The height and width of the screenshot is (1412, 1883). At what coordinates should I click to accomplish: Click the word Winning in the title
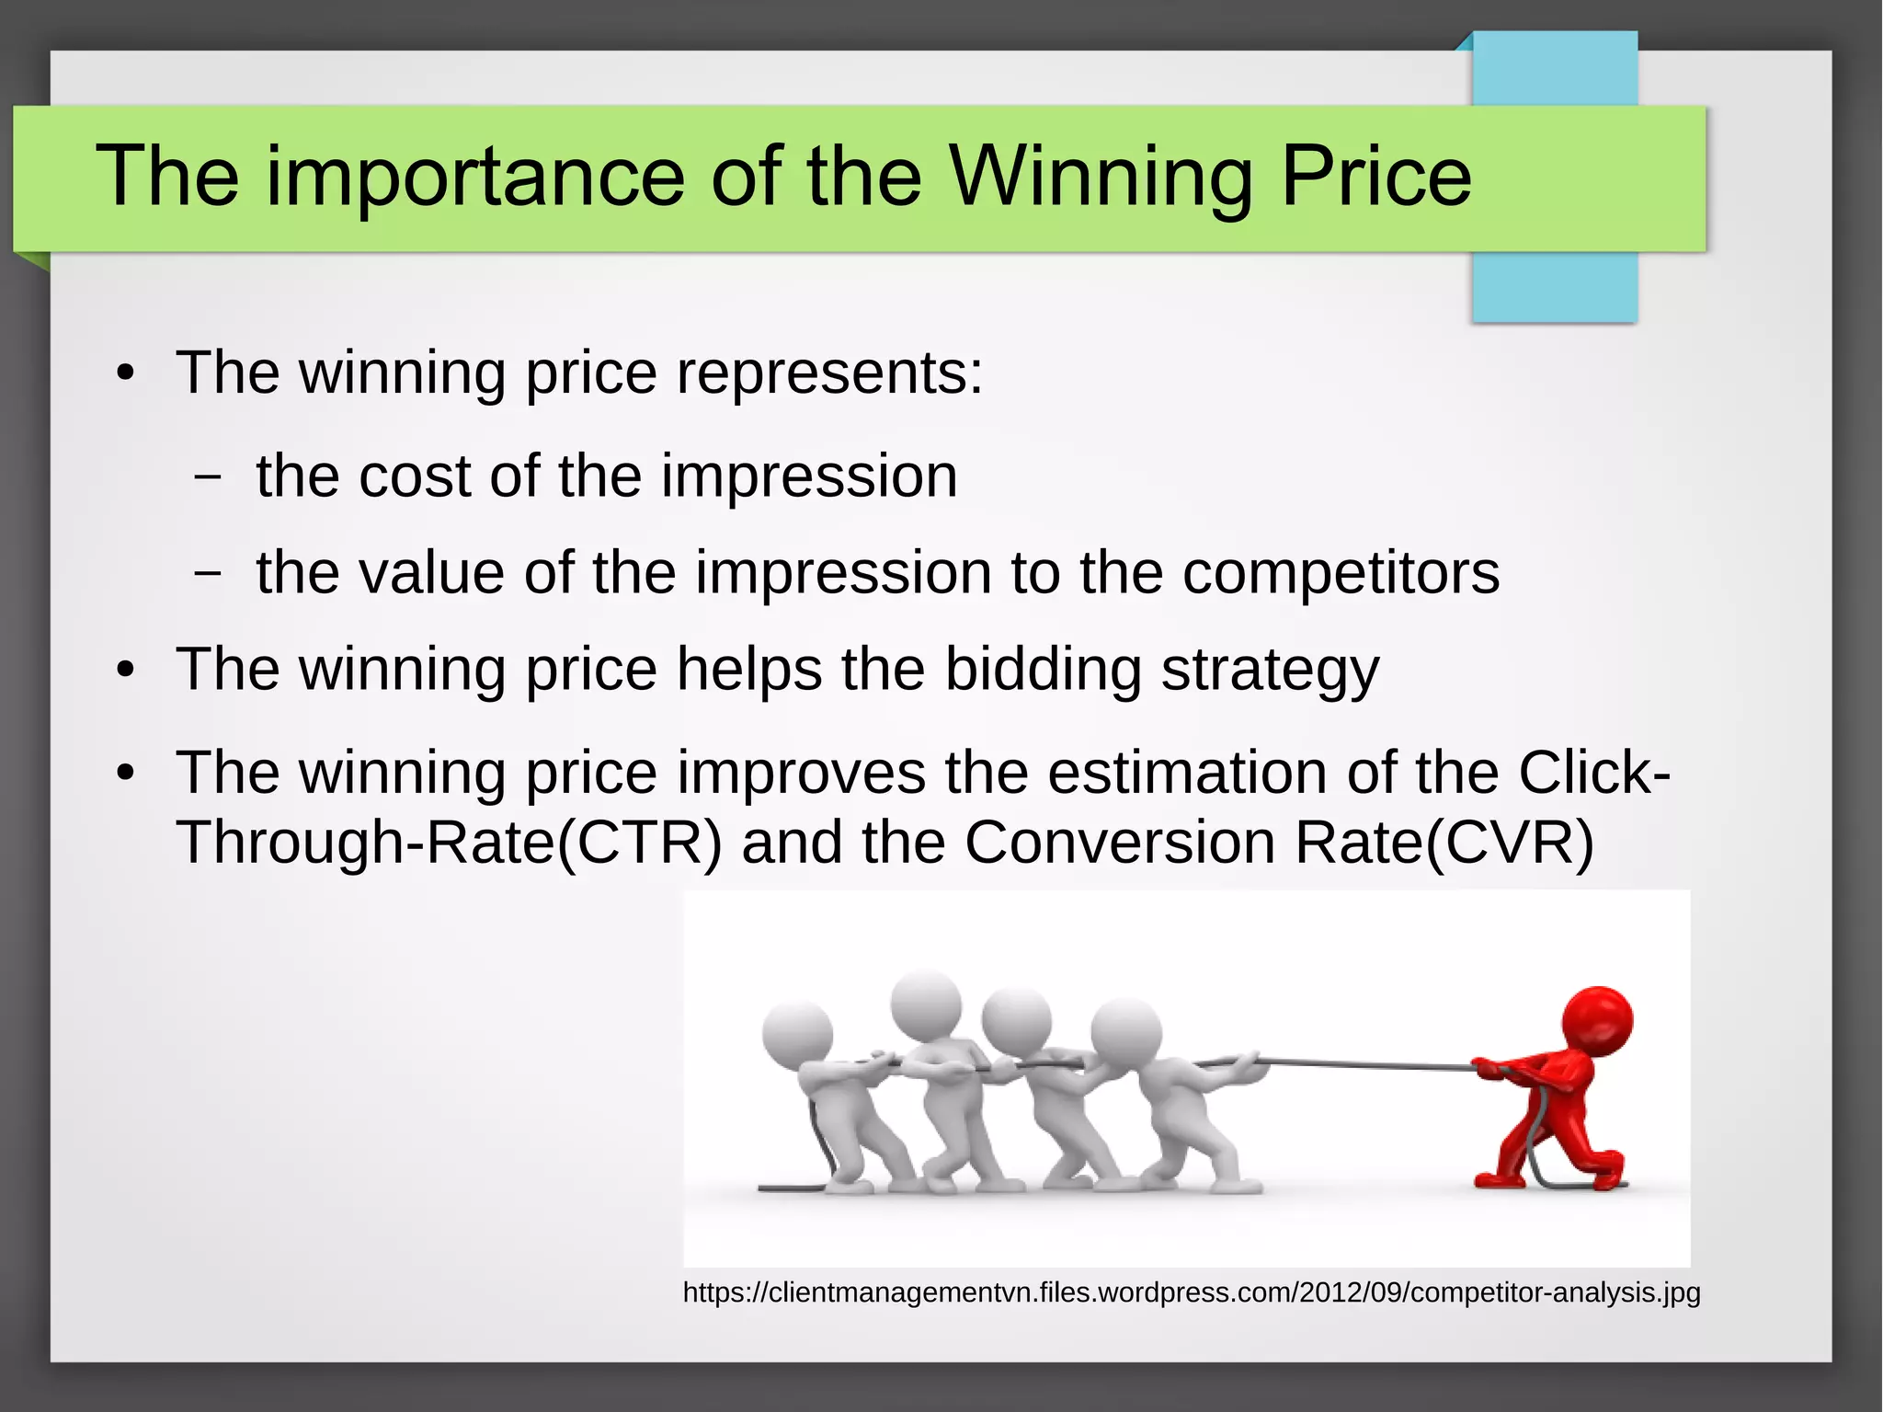tap(1101, 177)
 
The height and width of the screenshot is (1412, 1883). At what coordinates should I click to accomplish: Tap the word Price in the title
tap(1375, 177)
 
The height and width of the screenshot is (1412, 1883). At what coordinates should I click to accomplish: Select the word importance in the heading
tap(475, 178)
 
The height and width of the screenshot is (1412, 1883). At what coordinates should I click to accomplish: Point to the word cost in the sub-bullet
tap(415, 476)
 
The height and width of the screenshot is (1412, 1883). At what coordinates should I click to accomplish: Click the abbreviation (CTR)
tap(639, 843)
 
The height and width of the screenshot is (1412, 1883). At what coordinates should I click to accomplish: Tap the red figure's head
tap(1598, 1022)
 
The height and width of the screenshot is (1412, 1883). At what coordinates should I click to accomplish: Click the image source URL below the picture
tap(1191, 1292)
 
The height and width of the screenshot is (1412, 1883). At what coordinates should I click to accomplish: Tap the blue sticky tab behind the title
tap(1554, 285)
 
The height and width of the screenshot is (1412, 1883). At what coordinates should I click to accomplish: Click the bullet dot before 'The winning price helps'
tap(126, 671)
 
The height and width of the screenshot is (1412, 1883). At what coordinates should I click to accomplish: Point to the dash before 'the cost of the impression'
tap(209, 477)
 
